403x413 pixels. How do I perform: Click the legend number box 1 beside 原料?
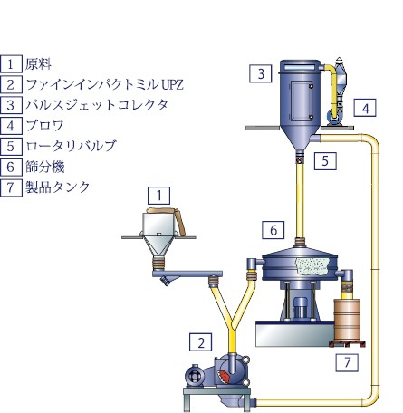click(11, 63)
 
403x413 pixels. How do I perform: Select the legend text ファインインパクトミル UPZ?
click(105, 84)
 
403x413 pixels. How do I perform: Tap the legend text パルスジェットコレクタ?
click(97, 105)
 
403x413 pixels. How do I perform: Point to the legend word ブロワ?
click(44, 125)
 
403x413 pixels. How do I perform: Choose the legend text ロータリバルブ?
click(71, 146)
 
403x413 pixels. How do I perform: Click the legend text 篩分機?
click(45, 167)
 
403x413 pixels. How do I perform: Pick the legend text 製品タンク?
click(58, 187)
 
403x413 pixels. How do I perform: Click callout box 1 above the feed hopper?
click(158, 196)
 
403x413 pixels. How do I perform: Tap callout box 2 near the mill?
click(201, 342)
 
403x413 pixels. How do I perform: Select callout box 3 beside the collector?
click(261, 73)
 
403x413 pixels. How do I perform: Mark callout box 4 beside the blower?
click(365, 108)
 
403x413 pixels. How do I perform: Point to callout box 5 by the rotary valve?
click(325, 160)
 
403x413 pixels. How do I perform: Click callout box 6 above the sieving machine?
click(273, 230)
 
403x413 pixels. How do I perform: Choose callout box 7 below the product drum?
click(347, 362)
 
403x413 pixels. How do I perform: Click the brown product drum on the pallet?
click(347, 320)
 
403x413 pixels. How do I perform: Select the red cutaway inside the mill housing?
click(224, 376)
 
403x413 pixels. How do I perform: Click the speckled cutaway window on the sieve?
click(312, 266)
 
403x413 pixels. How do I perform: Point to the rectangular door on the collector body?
click(302, 101)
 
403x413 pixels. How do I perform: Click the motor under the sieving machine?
click(300, 307)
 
